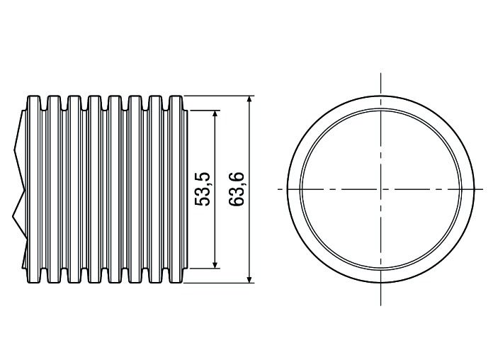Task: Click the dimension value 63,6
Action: click(237, 189)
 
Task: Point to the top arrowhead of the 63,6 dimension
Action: click(249, 99)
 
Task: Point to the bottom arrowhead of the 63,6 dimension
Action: click(249, 279)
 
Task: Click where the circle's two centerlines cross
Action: click(381, 189)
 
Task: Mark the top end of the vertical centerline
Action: click(381, 73)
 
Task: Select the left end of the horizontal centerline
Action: click(278, 189)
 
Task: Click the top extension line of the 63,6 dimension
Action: click(220, 95)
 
